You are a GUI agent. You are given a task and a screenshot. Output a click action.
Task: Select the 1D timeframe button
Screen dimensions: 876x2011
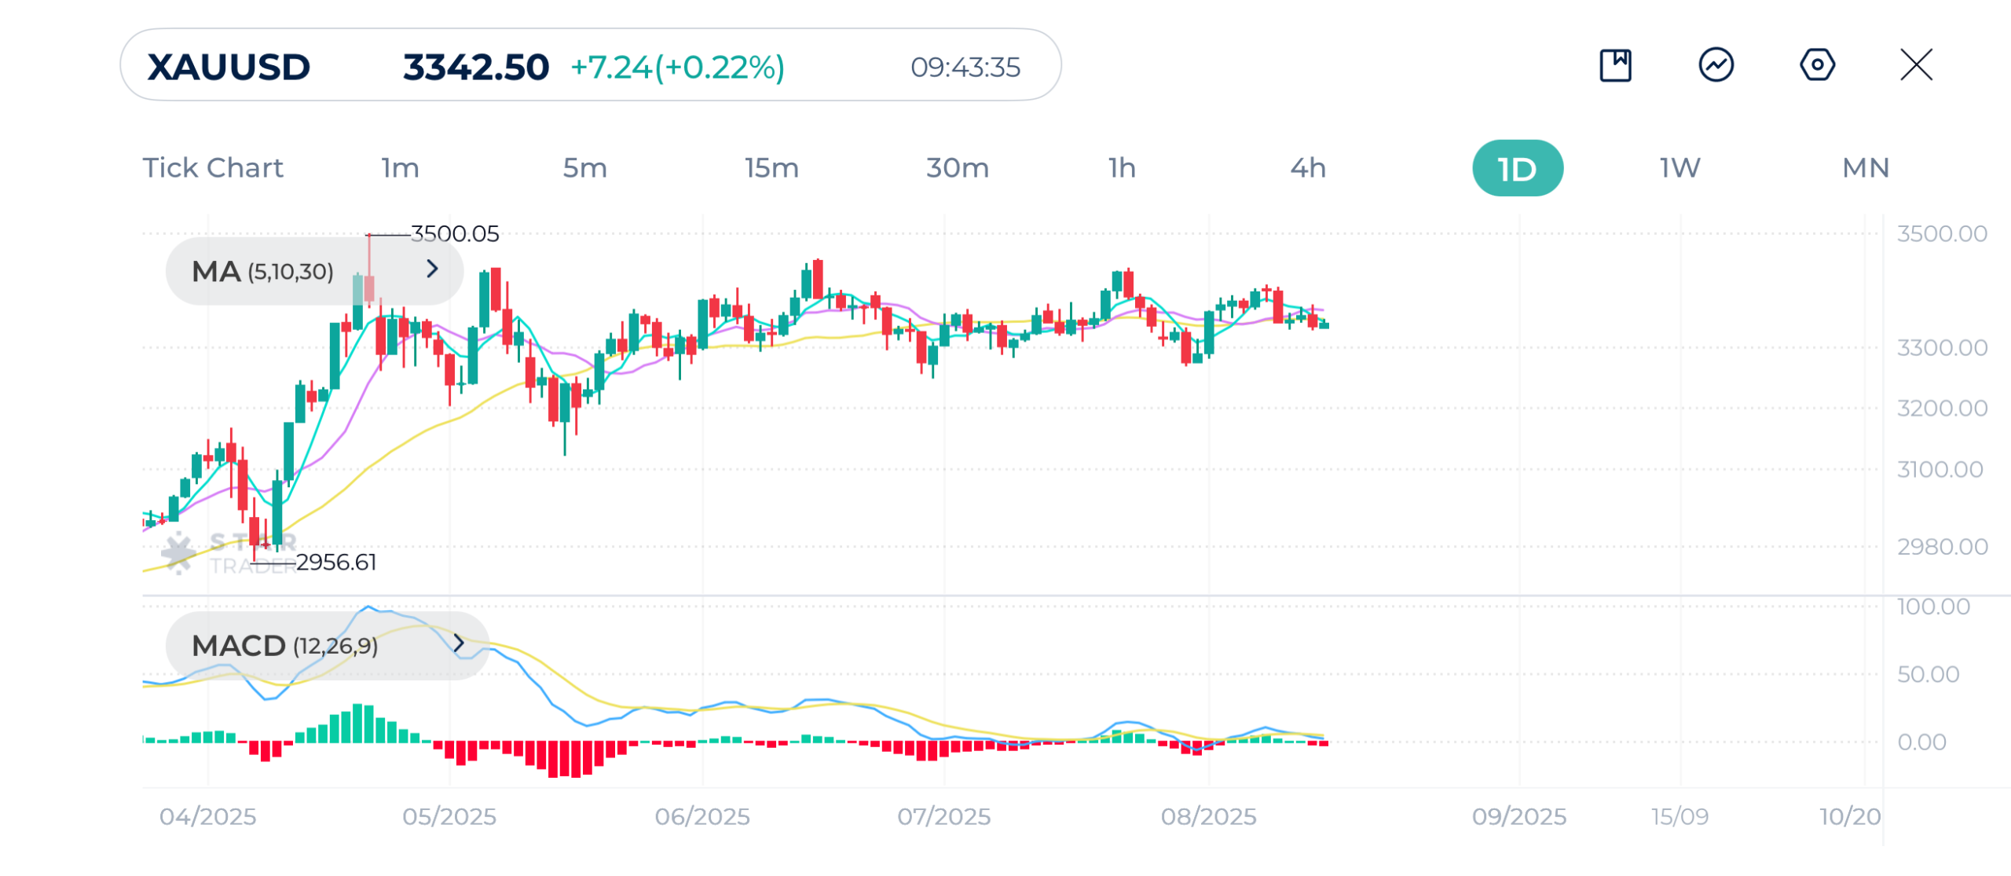(1517, 169)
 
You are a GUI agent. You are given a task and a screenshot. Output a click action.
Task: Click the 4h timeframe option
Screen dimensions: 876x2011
(1308, 168)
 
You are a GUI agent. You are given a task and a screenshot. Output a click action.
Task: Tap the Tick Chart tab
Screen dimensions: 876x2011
(213, 168)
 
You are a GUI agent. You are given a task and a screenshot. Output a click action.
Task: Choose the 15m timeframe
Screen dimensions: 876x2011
(771, 168)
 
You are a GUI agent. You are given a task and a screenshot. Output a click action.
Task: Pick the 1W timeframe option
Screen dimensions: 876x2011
(1679, 168)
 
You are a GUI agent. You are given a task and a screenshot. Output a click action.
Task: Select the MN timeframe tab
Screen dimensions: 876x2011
(1865, 168)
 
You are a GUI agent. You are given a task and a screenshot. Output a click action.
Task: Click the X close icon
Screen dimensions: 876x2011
(1916, 65)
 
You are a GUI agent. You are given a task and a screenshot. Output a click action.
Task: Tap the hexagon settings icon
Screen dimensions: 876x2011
(1817, 65)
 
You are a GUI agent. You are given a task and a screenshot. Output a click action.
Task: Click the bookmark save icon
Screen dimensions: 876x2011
(1615, 65)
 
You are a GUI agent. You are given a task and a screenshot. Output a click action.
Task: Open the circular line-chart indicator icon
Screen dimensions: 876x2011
(1716, 65)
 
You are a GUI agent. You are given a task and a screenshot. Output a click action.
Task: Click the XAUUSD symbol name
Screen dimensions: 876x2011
(229, 68)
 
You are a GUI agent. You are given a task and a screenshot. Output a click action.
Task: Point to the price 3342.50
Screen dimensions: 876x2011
(475, 68)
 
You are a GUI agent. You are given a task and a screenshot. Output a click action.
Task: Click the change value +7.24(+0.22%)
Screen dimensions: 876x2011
(677, 68)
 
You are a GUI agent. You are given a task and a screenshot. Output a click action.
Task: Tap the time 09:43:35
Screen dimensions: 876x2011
(965, 68)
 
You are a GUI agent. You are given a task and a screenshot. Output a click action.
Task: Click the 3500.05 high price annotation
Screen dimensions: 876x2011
(455, 234)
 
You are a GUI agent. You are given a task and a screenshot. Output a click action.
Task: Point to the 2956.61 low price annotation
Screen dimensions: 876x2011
(336, 563)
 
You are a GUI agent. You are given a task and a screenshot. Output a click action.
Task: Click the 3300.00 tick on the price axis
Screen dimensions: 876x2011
(1941, 348)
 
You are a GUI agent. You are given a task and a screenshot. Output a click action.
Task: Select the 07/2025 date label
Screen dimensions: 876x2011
(943, 817)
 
